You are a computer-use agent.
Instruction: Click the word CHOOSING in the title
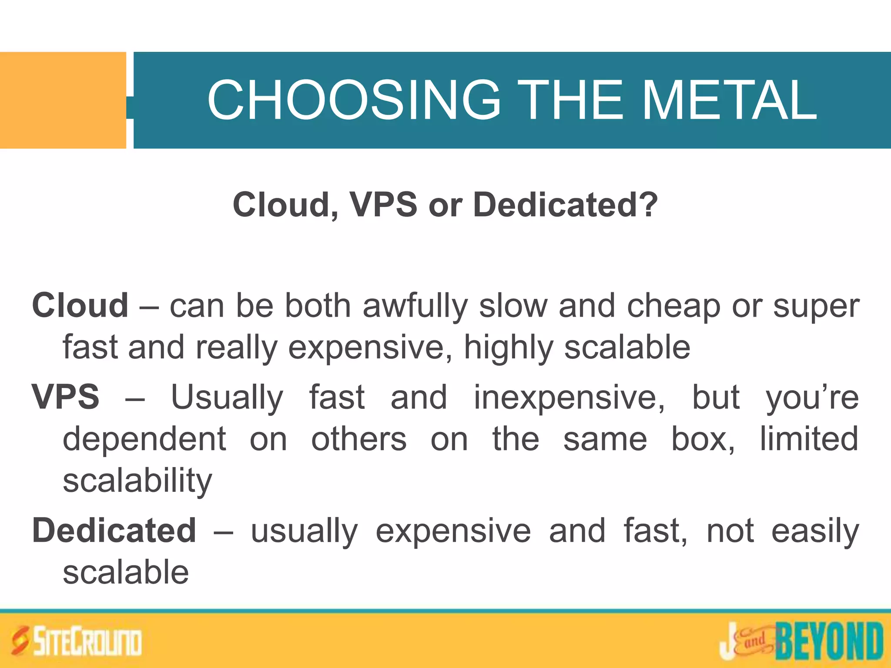click(354, 100)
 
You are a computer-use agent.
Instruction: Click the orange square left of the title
click(63, 100)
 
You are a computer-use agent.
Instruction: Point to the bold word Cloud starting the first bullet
click(80, 306)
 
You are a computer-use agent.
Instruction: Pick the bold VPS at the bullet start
click(66, 397)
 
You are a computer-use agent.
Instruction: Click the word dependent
click(144, 439)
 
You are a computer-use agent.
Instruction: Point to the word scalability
click(137, 481)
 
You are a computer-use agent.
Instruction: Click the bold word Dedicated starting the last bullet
click(114, 531)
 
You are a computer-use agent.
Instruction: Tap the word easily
click(815, 531)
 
